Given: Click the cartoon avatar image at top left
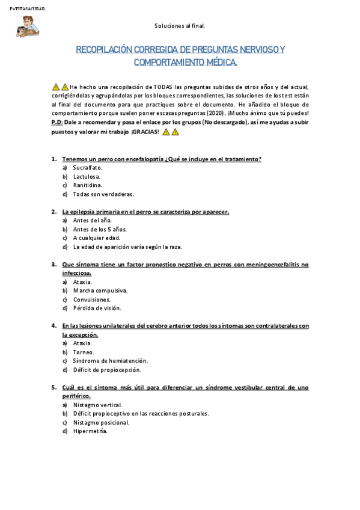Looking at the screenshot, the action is tap(27, 26).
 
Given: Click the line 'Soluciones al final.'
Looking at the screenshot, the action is tap(180, 26).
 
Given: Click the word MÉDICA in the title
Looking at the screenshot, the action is tap(220, 62).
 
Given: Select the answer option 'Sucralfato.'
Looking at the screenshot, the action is tap(88, 168).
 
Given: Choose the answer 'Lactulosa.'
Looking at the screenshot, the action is tap(87, 177).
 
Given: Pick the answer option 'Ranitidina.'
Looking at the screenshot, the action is tap(88, 185).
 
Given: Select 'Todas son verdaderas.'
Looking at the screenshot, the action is tap(103, 194).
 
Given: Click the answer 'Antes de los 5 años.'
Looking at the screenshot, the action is tap(100, 229).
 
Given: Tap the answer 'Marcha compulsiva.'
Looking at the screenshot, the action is tap(100, 290).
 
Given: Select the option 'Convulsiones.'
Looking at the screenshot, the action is tap(91, 300).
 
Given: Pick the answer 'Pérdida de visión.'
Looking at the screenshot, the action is tap(97, 308).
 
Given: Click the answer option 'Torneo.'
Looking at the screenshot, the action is tap(84, 352).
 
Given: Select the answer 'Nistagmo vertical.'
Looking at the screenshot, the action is tap(97, 405).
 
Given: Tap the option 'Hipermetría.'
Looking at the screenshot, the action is tap(90, 431).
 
